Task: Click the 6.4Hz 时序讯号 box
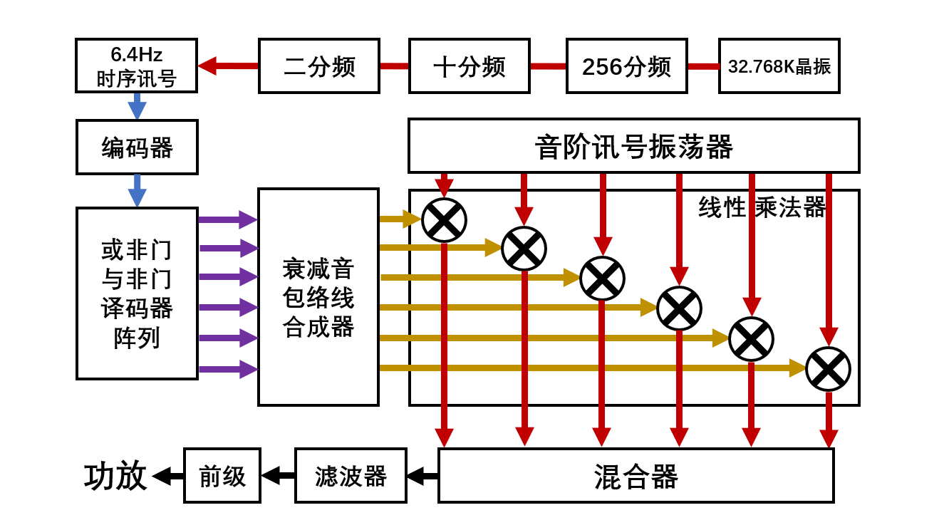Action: point(136,66)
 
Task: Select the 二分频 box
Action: point(318,66)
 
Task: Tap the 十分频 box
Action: point(469,66)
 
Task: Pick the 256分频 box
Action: point(626,66)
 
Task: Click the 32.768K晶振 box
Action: point(779,66)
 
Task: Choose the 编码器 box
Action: point(137,147)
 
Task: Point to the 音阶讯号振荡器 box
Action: point(633,146)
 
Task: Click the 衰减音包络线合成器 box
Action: point(318,297)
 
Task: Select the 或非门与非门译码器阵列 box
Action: point(137,293)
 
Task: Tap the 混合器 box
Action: point(636,476)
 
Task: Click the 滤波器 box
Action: point(351,476)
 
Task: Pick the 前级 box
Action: point(222,476)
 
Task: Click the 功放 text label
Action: point(115,476)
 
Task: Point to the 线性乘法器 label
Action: point(762,207)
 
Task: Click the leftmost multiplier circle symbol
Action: point(444,220)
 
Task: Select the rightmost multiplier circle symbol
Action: point(828,369)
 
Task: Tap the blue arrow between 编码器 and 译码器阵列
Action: point(137,191)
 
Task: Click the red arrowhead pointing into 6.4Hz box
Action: point(207,66)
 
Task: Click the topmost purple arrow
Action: point(227,219)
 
